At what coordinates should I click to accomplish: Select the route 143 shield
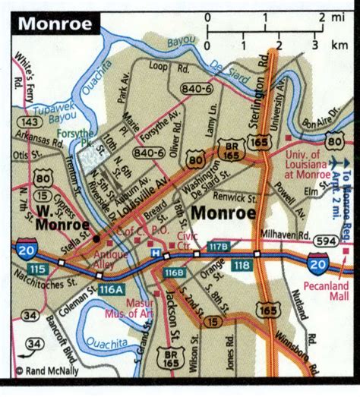click(x=31, y=121)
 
